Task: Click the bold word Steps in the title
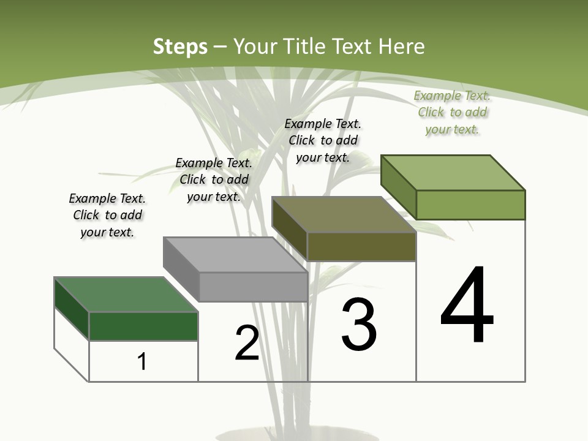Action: [180, 47]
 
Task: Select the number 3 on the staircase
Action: [359, 325]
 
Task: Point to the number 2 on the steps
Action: [247, 343]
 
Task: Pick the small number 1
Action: [142, 361]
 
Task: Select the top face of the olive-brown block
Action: [344, 214]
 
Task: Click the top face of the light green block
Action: [453, 172]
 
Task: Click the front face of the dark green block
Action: [143, 326]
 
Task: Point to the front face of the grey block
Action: [253, 287]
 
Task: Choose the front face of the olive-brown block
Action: [361, 246]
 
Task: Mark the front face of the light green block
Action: [470, 205]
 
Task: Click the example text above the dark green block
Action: [107, 215]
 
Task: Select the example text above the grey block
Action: [214, 179]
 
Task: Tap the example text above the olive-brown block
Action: [323, 140]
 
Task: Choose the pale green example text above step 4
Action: [452, 112]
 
